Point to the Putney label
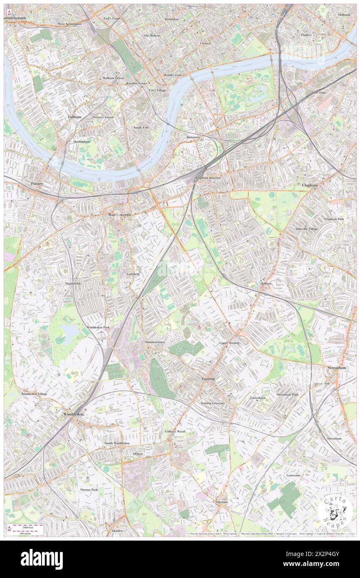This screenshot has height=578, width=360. (x=37, y=183)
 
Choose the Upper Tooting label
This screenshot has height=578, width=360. (x=229, y=343)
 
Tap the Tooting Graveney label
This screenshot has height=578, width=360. (x=213, y=403)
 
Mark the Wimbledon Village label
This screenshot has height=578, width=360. (x=34, y=393)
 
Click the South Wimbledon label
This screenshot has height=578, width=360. (x=116, y=443)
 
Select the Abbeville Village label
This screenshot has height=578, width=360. (x=307, y=229)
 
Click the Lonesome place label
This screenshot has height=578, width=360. (x=293, y=475)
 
